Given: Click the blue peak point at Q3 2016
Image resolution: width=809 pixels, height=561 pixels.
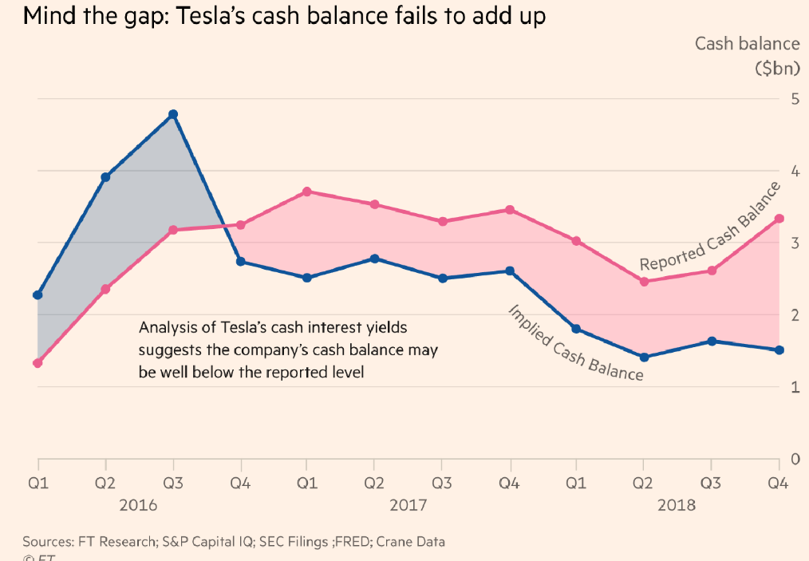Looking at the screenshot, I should [173, 114].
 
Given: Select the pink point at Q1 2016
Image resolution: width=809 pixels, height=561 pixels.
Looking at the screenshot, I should [37, 363].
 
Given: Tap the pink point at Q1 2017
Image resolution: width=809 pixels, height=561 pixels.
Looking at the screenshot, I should [306, 192].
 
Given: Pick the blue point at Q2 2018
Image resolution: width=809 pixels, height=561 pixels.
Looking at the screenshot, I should [644, 357].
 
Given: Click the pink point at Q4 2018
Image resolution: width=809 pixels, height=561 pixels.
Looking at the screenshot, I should [779, 219].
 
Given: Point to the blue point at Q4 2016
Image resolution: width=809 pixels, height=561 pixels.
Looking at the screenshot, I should [240, 261].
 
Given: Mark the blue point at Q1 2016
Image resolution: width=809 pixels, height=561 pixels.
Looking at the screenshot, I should [37, 295].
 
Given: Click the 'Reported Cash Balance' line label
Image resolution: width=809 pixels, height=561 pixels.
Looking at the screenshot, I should [709, 227].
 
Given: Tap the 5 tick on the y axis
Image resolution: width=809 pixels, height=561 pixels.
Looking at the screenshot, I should [794, 99].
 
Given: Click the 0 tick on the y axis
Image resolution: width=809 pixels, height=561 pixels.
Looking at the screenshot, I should [794, 459].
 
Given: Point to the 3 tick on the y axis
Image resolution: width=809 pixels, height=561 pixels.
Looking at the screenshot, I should [794, 243].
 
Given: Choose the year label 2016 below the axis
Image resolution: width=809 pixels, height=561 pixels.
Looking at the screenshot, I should [139, 505].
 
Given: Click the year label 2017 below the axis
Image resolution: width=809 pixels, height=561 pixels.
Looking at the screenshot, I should [408, 505].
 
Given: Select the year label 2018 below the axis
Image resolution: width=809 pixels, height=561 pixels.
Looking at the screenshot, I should [677, 505].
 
